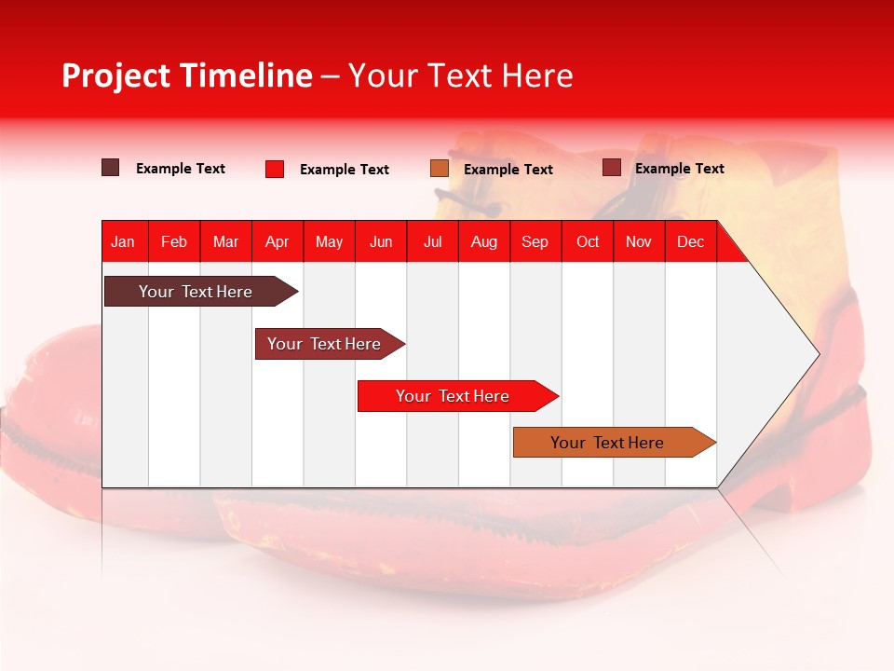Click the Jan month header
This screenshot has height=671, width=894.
click(x=123, y=241)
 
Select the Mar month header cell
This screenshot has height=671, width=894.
click(x=225, y=241)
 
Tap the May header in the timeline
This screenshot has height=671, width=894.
click(x=329, y=241)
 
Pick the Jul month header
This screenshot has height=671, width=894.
click(x=432, y=241)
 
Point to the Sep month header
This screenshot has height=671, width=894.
click(x=535, y=241)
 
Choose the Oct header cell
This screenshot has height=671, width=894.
click(x=588, y=241)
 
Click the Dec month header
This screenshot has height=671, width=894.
click(x=690, y=241)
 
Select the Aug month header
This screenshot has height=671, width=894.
click(x=483, y=241)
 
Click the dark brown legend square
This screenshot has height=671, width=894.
click(x=111, y=168)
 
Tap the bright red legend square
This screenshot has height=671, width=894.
click(x=275, y=169)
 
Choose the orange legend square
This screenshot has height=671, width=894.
click(x=440, y=168)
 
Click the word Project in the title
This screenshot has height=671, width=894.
click(x=116, y=75)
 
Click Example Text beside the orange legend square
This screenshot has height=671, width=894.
click(x=508, y=169)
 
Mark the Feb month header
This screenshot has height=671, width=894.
click(x=174, y=241)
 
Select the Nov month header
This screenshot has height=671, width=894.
click(x=638, y=241)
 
